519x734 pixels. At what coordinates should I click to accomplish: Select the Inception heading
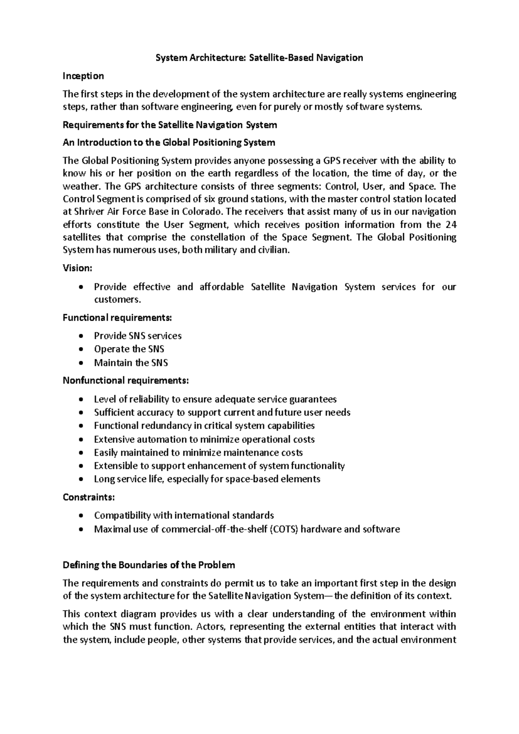tap(83, 76)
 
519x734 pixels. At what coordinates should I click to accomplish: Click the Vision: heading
tap(77, 268)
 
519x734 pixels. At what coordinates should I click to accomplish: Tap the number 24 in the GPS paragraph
tap(451, 225)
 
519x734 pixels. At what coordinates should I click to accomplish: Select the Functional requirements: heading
tap(117, 318)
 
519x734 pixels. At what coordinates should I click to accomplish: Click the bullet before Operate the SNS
tap(81, 350)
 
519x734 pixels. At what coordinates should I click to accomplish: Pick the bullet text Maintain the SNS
tap(131, 363)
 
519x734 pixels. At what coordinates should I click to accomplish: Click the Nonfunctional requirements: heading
tap(125, 381)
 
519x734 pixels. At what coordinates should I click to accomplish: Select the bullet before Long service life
tap(81, 480)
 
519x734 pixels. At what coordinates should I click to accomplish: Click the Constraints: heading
tap(89, 497)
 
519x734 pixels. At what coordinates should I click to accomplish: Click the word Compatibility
tap(122, 515)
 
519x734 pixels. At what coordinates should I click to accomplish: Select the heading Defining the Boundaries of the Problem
tap(149, 565)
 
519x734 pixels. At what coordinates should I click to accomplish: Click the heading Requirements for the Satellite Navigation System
tap(170, 125)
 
